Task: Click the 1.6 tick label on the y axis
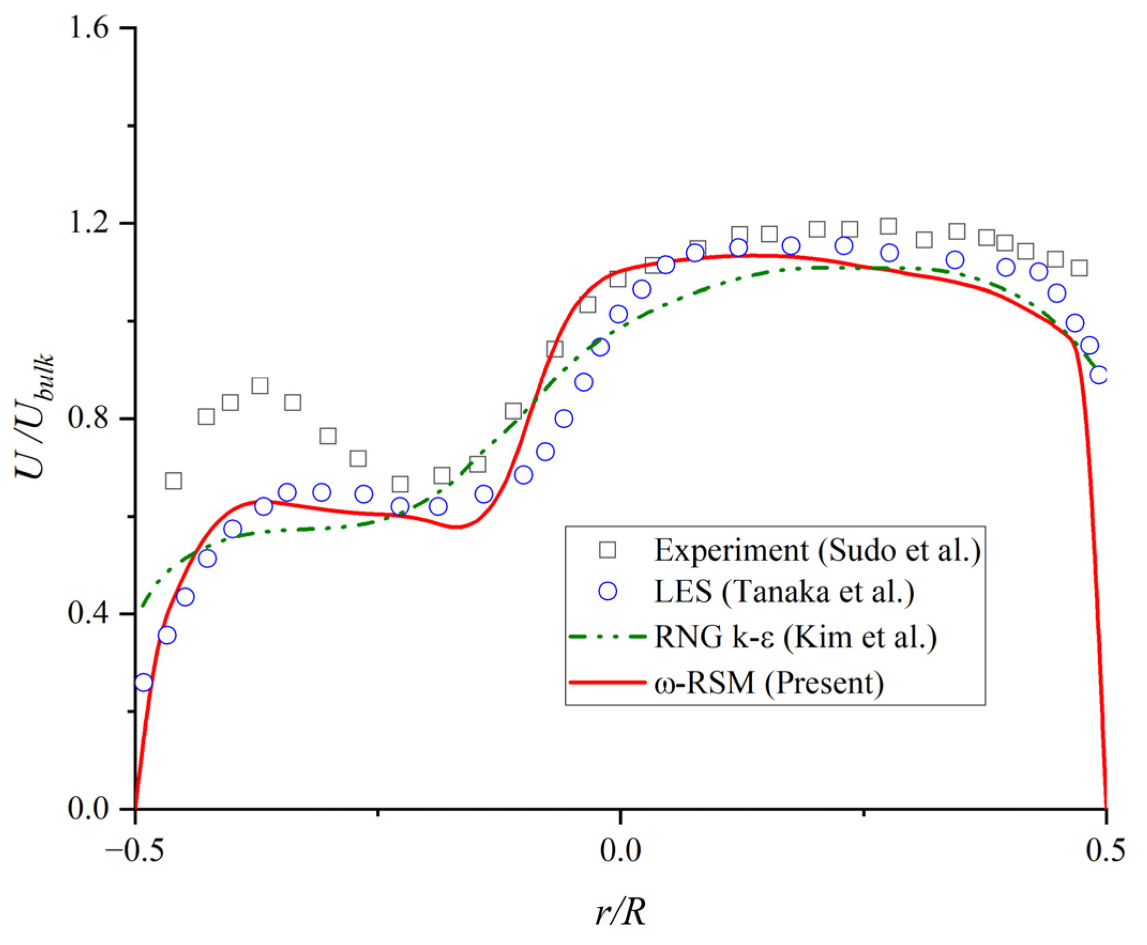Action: point(93,27)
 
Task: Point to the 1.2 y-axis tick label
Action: point(93,222)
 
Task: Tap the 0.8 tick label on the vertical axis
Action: point(93,418)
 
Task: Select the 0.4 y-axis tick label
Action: point(93,614)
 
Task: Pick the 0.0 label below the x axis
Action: point(620,851)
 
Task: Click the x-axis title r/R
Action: point(620,912)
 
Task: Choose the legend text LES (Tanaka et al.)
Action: point(784,592)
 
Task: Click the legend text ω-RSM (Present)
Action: point(769,681)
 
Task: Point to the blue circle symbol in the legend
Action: point(607,592)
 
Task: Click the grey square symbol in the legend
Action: point(607,550)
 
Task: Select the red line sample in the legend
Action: point(607,681)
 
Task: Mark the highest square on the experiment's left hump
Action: point(260,385)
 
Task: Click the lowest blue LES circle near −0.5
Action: point(143,682)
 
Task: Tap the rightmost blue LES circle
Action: point(1099,375)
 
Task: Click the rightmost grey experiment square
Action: point(1079,268)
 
